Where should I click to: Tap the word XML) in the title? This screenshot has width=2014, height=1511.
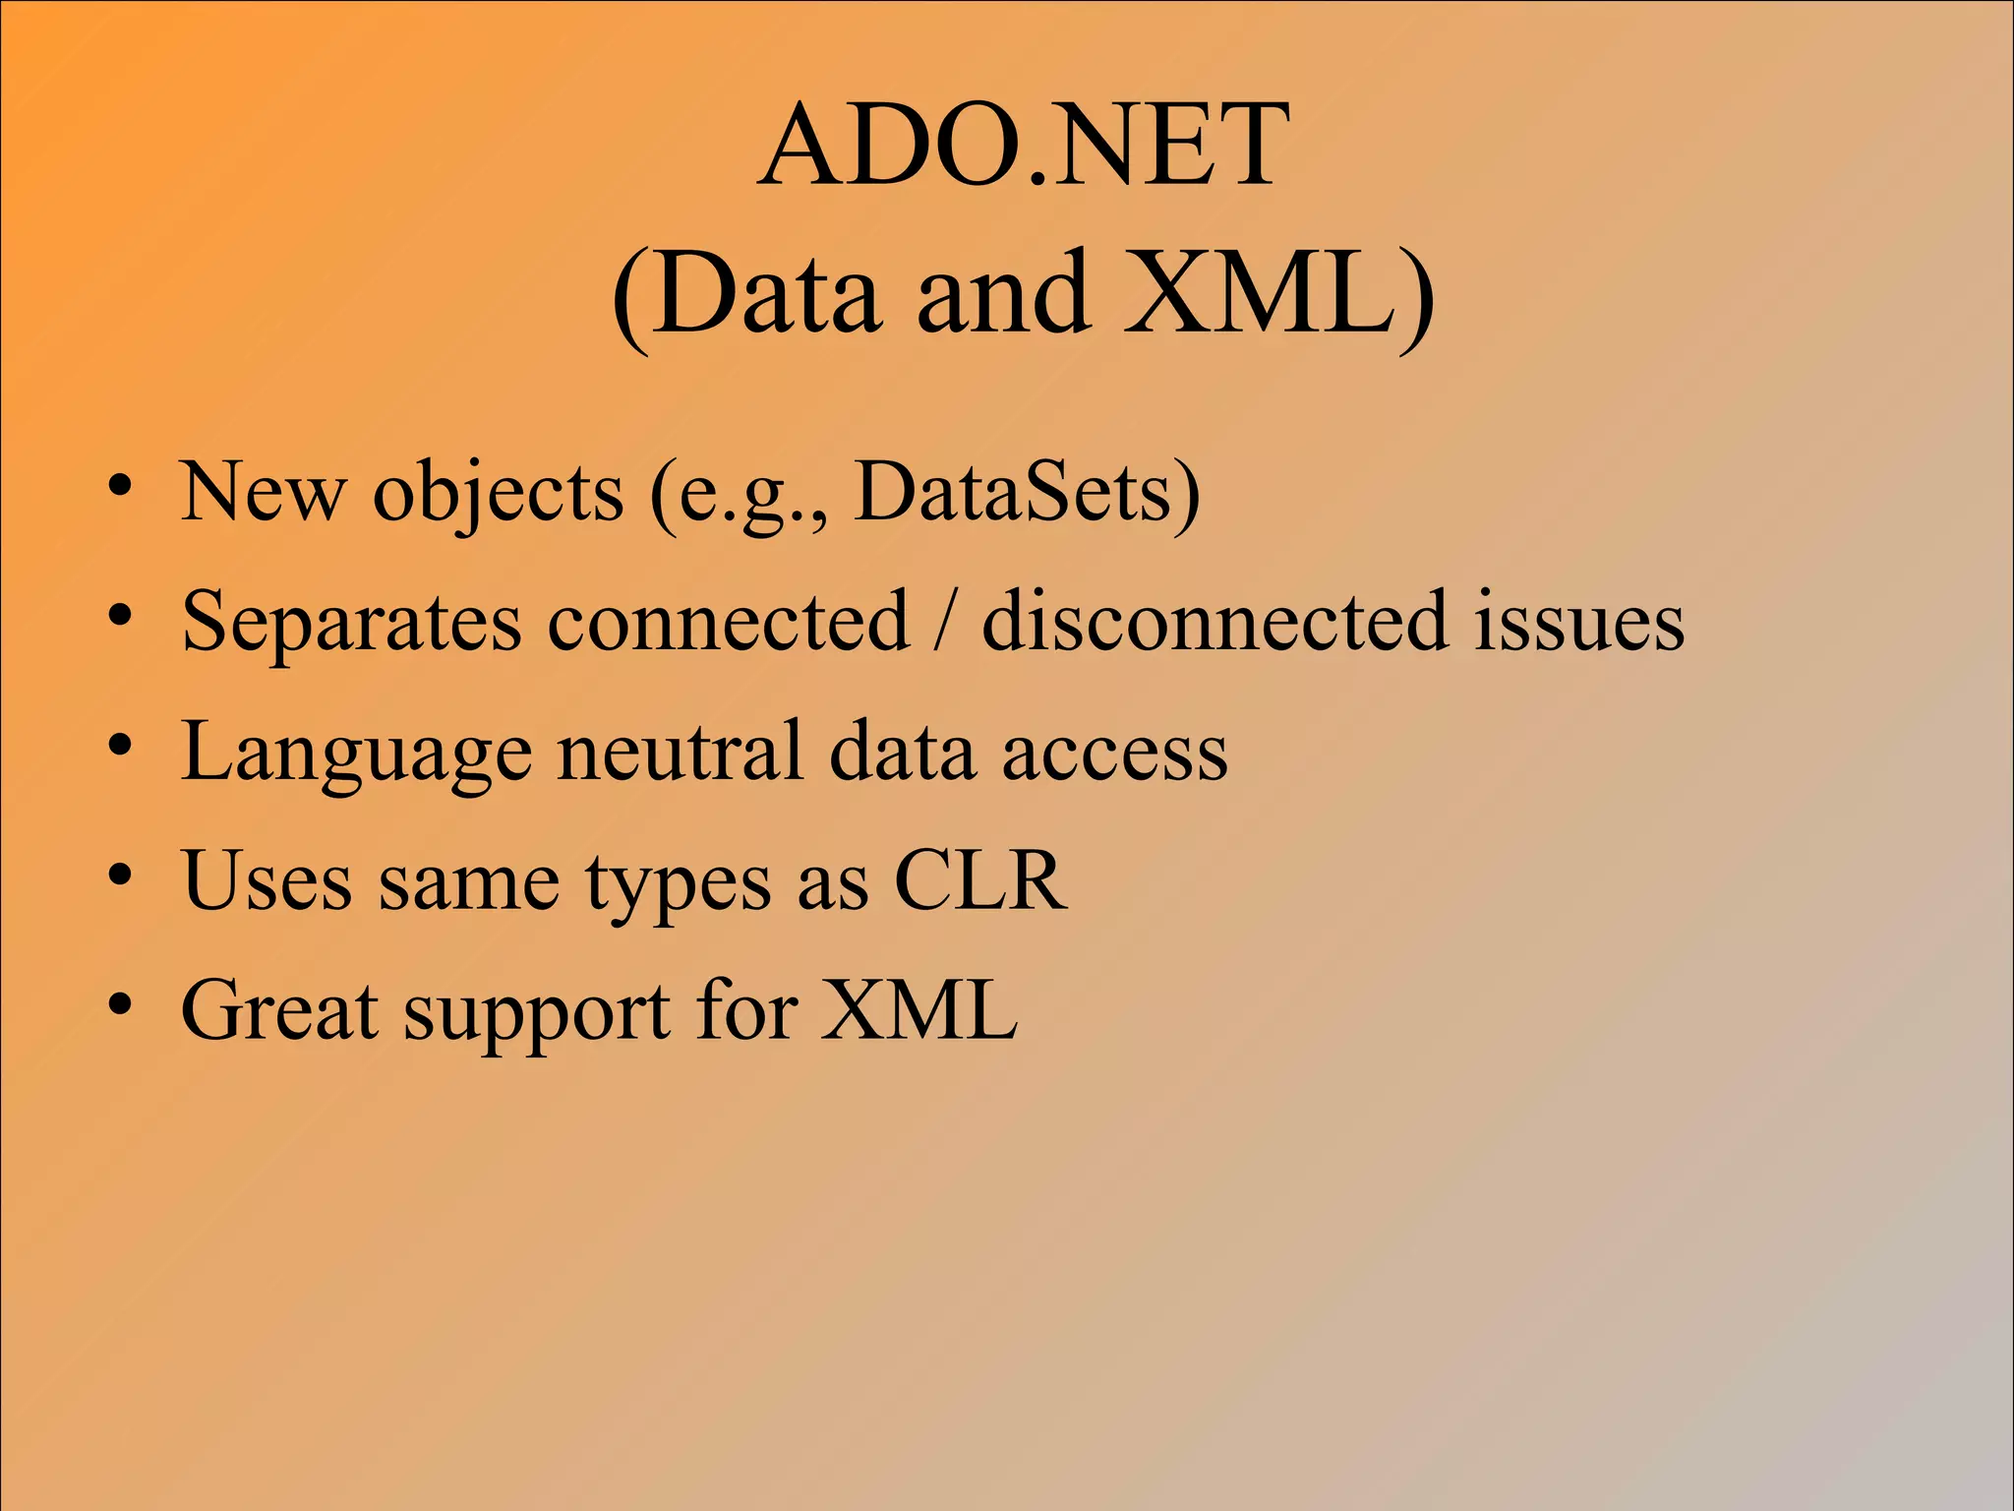coord(1278,293)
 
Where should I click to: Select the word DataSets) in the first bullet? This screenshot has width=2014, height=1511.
coord(1028,492)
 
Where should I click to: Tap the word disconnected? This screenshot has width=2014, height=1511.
coord(1215,622)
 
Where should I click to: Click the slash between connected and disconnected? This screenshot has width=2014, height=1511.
coord(945,622)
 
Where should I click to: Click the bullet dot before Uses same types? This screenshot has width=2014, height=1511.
coord(120,875)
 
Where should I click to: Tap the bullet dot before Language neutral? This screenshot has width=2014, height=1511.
coord(120,746)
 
